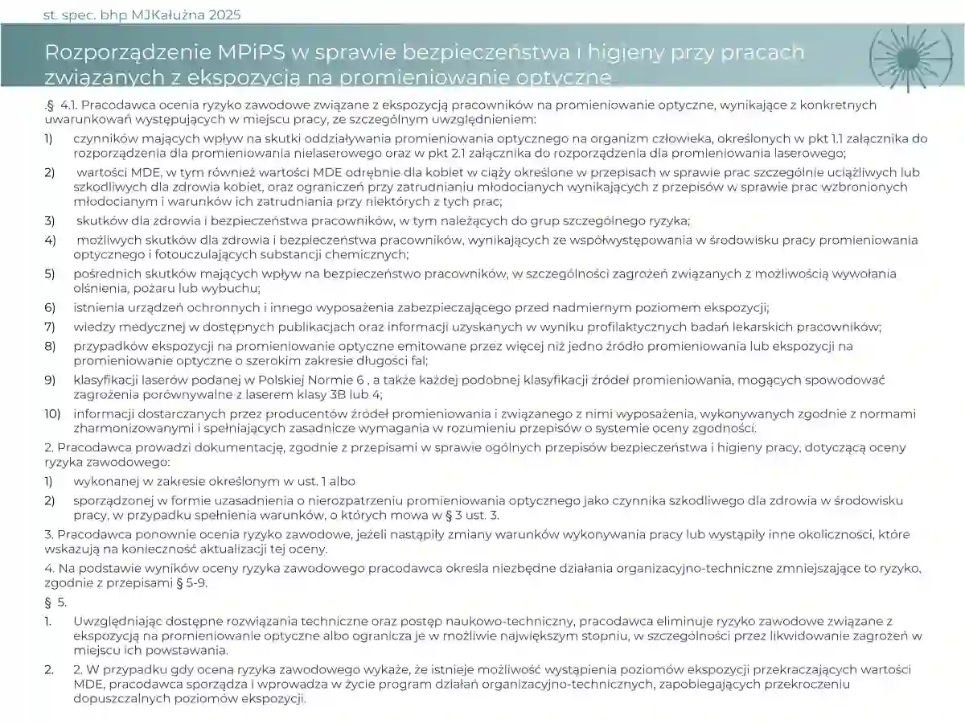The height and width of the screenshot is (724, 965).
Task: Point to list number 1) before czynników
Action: pyautogui.click(x=49, y=138)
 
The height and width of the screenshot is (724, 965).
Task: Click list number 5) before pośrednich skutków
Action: pyautogui.click(x=50, y=274)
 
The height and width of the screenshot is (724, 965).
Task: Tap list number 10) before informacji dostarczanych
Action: pyautogui.click(x=52, y=414)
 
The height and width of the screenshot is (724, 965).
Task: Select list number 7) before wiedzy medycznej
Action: pyautogui.click(x=50, y=327)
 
